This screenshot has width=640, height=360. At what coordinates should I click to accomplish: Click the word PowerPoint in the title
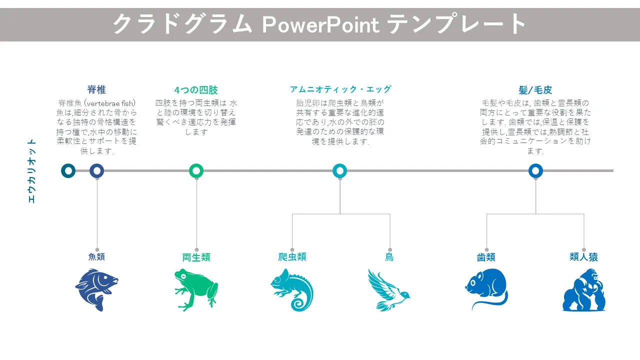tap(321, 25)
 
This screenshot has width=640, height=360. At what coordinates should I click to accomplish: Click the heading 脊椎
tap(96, 89)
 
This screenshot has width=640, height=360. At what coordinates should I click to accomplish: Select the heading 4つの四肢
tap(196, 90)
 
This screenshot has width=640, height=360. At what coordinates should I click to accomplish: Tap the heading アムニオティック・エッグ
tap(340, 89)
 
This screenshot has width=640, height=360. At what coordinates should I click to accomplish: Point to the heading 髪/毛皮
tap(535, 90)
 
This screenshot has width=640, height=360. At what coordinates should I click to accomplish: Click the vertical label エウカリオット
tap(31, 171)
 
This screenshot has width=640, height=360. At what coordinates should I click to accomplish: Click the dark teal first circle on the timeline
tap(68, 171)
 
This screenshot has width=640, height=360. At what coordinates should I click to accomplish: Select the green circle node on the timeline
tap(196, 171)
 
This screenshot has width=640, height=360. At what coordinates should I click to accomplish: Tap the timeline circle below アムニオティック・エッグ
tap(339, 171)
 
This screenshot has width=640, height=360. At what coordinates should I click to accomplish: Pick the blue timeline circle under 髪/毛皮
tap(535, 171)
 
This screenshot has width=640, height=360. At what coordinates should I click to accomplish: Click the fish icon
tap(96, 289)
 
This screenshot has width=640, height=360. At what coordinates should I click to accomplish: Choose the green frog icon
tap(196, 289)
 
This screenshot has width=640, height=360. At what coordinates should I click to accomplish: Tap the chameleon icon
tap(292, 289)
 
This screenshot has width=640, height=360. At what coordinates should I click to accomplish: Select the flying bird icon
tap(389, 290)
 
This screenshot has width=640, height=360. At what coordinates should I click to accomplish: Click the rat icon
tap(486, 289)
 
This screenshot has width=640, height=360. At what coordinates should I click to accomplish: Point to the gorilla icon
tap(584, 289)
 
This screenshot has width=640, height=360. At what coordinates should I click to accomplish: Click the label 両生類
tap(196, 257)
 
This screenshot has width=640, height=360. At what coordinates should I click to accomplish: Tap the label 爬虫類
tap(292, 257)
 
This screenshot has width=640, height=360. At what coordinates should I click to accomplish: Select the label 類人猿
tap(583, 257)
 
